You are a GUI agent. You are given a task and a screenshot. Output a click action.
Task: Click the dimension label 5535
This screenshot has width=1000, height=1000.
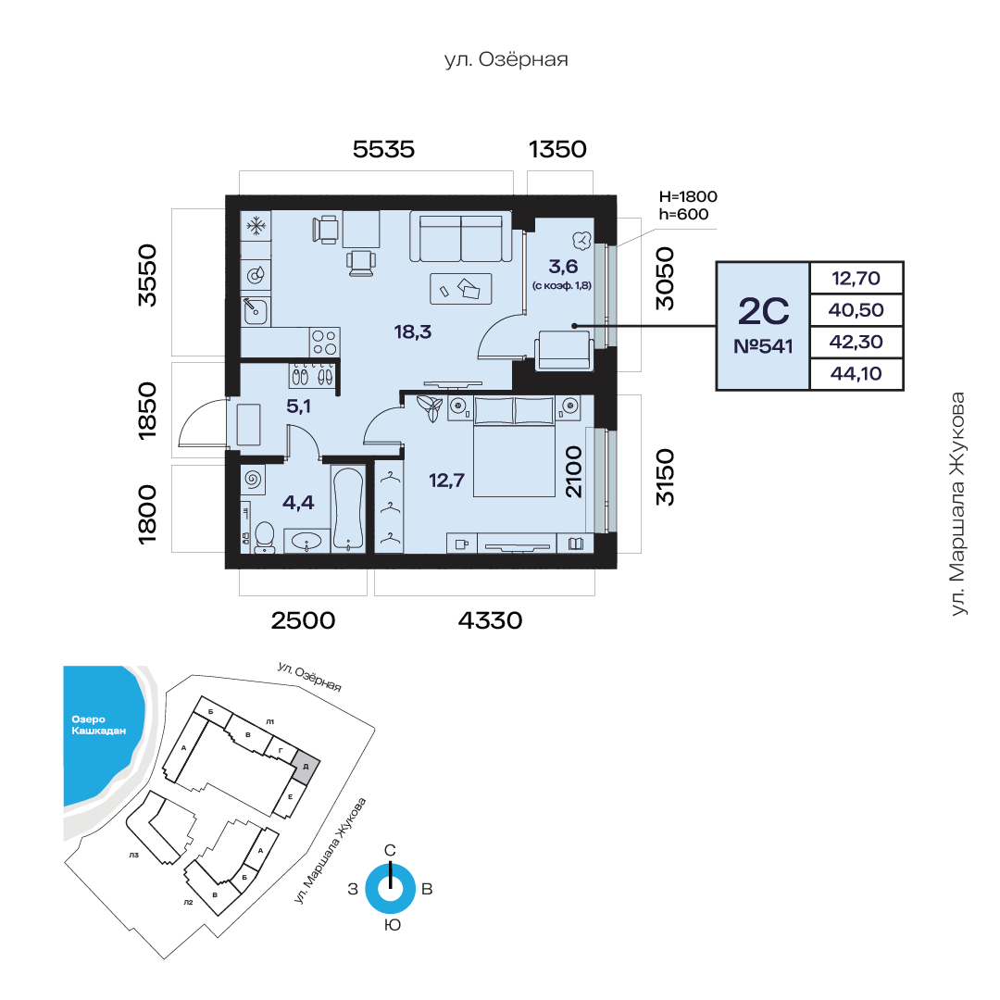(383, 149)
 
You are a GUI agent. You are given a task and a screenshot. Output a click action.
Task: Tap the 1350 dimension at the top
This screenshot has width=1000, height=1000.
(557, 149)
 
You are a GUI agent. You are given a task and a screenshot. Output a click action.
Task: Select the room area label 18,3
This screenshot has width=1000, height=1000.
(413, 331)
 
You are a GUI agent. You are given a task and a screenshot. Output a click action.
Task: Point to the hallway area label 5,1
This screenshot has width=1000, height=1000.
(298, 406)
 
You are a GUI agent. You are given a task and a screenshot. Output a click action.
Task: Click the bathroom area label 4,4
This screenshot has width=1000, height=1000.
(298, 503)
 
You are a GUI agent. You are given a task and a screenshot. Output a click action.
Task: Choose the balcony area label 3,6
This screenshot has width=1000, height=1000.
(563, 267)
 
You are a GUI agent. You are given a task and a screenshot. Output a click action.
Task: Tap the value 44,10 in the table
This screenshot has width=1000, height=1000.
(856, 374)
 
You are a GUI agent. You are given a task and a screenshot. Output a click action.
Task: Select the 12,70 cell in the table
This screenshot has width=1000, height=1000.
(856, 278)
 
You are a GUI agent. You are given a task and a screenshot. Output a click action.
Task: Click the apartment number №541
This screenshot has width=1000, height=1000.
(763, 346)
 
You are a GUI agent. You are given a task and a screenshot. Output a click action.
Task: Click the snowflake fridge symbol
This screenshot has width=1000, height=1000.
(256, 226)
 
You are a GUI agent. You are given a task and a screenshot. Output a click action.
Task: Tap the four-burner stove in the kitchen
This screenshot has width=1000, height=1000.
(325, 343)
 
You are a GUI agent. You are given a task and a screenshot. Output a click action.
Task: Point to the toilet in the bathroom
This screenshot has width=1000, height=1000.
(264, 537)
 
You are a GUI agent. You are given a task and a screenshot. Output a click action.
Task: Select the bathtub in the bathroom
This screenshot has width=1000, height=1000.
(347, 509)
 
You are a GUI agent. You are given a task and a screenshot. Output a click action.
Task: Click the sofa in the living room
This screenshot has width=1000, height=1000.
(460, 238)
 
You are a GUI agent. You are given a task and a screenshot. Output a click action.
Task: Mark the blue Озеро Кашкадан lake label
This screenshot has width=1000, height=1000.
(98, 725)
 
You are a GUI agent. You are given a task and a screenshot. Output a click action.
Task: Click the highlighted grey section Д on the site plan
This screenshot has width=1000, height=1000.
(306, 767)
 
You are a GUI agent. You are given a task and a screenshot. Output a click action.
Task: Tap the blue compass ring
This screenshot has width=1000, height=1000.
(391, 888)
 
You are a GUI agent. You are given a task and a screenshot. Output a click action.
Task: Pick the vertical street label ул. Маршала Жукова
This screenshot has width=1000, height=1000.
(958, 504)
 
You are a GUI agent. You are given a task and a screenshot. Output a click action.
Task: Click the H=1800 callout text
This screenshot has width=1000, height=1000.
(688, 196)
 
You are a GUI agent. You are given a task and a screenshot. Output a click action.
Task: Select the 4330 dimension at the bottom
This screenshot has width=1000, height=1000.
(490, 620)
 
